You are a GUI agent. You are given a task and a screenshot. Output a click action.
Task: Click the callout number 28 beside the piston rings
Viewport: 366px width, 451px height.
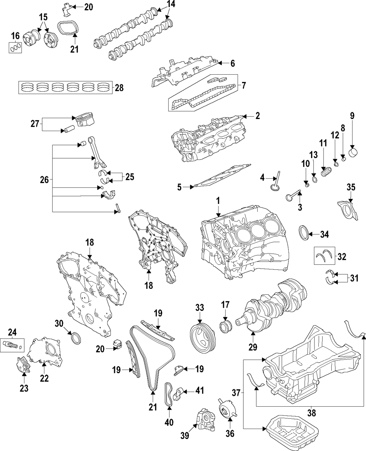[x=119, y=88]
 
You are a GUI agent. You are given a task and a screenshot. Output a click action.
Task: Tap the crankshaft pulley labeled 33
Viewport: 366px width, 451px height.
[x=202, y=337]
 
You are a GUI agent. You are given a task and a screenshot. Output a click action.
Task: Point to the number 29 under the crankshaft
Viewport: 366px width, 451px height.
[x=253, y=346]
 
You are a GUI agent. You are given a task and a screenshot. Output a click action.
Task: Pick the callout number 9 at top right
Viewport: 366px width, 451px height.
[x=352, y=116]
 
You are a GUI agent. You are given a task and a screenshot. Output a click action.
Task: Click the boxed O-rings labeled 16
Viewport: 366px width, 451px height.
[x=15, y=47]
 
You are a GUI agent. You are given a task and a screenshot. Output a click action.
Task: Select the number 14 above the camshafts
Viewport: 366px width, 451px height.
[x=171, y=4]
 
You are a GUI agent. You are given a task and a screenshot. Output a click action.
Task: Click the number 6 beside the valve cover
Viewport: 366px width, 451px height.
[x=232, y=63]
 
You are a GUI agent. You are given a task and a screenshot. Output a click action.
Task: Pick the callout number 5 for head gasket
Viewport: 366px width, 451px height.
[x=179, y=187]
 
